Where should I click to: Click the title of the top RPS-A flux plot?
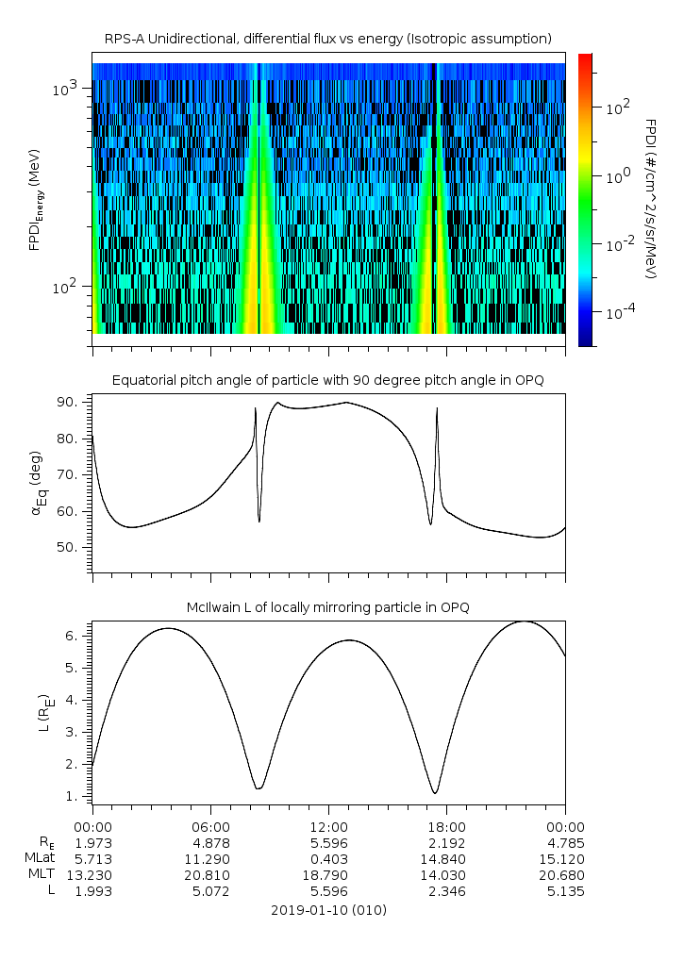[x=328, y=39]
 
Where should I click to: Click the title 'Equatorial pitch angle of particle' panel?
[x=328, y=380]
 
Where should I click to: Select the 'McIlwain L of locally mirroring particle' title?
[x=328, y=607]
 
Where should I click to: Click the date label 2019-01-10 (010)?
[x=328, y=910]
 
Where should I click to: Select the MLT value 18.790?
[x=328, y=875]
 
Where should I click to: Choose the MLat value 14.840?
[x=446, y=858]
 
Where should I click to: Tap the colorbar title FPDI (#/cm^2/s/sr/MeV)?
[x=650, y=198]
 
